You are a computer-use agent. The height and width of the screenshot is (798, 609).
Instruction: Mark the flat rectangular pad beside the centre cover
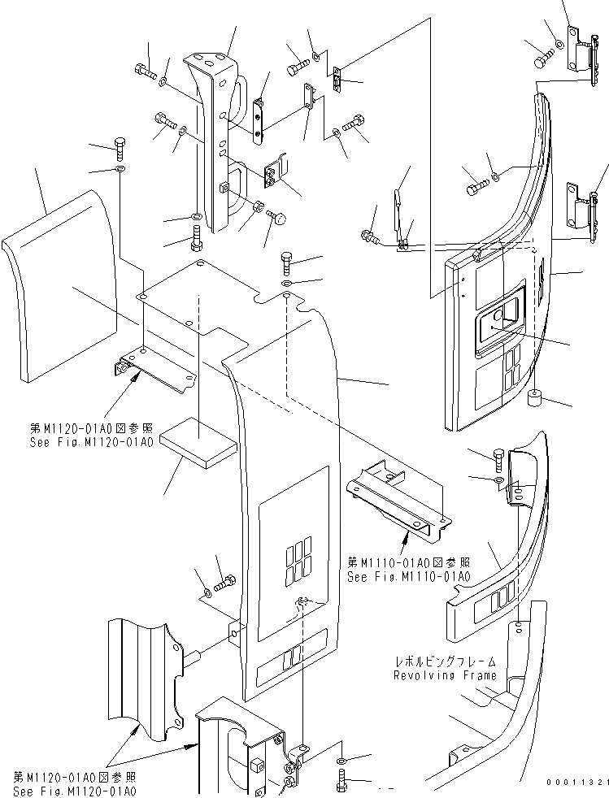[x=198, y=444]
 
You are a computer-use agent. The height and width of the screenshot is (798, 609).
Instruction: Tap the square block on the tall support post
[x=223, y=189]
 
